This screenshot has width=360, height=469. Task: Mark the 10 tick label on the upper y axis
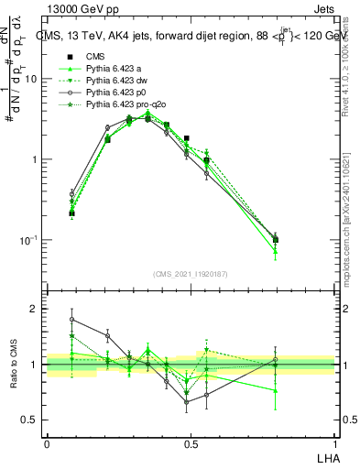click(x=32, y=79)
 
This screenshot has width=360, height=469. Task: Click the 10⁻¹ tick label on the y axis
click(x=30, y=240)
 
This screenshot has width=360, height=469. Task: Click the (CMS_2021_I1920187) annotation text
click(x=190, y=273)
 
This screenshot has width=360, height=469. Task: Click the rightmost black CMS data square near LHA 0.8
click(x=276, y=240)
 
